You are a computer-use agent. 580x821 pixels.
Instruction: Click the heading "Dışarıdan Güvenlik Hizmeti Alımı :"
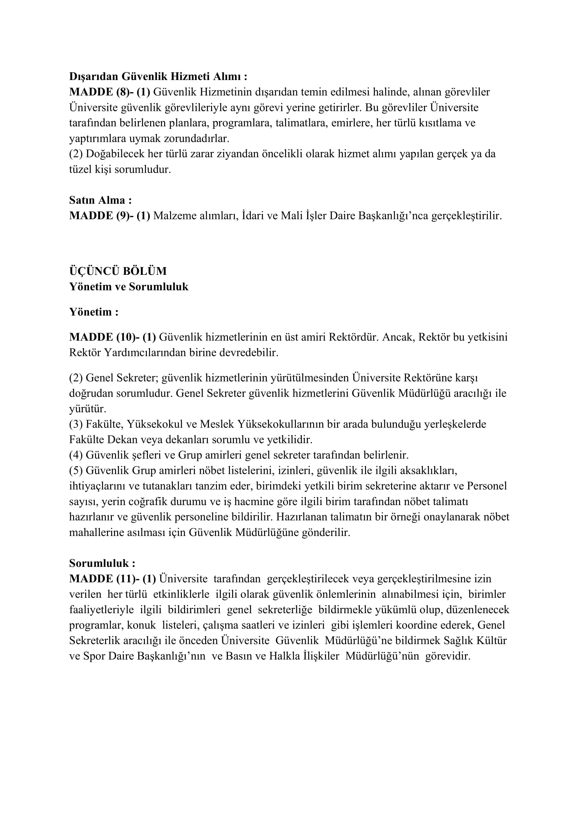[158, 77]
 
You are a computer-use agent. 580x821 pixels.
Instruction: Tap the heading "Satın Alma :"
[100, 200]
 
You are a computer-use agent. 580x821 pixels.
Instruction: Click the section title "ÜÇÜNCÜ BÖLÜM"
[118, 271]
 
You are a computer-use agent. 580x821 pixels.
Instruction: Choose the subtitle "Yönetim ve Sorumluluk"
[129, 287]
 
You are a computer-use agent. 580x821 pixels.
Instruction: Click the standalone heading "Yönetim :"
[94, 312]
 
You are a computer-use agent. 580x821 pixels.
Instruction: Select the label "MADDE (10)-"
[104, 337]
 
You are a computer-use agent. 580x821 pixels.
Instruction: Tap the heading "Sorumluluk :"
[102, 563]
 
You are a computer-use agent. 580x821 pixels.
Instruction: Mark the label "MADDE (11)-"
[104, 578]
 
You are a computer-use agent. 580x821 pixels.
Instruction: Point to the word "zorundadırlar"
[196, 139]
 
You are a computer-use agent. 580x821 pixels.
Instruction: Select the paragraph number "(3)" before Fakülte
[76, 424]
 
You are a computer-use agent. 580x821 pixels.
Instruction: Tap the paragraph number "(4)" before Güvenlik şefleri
[76, 455]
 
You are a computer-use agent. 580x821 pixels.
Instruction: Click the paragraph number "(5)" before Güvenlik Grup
[76, 471]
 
